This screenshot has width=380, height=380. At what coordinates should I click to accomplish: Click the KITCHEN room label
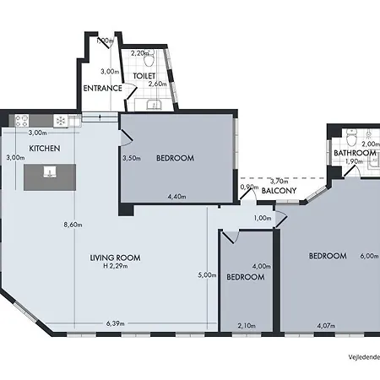[45, 148]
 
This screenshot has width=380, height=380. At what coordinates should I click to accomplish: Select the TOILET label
[144, 74]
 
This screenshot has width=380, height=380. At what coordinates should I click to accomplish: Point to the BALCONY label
[278, 191]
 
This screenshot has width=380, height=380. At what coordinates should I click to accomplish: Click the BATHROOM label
[353, 153]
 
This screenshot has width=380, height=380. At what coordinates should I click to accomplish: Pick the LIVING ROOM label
[115, 258]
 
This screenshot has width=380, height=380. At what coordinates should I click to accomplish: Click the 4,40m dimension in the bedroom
[176, 197]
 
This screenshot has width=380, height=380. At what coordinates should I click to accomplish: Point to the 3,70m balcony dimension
[278, 181]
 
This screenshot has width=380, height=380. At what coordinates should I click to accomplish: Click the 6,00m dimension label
[368, 256]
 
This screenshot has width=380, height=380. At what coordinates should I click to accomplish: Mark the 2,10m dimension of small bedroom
[247, 325]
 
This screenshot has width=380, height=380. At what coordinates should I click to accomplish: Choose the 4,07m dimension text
[327, 325]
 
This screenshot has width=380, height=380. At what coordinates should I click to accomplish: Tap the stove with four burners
[20, 121]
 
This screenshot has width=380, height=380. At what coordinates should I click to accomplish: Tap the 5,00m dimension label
[206, 274]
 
